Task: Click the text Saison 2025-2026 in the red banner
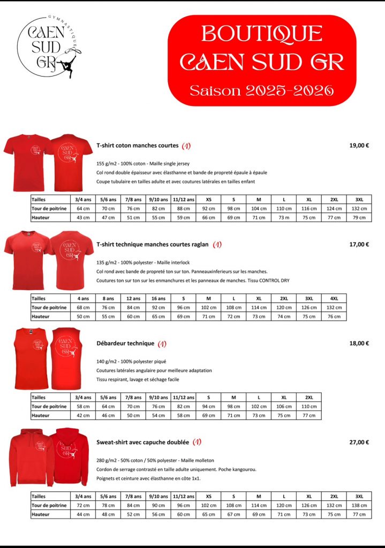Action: [262, 89]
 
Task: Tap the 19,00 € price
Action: [359, 145]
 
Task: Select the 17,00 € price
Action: [359, 244]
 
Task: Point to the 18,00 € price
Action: [359, 343]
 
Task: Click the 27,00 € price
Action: [359, 442]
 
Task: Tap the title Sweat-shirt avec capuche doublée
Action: [142, 442]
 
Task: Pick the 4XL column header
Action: [334, 298]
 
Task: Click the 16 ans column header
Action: [158, 298]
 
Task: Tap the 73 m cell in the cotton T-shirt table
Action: [284, 217]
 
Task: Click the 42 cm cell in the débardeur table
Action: [83, 415]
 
